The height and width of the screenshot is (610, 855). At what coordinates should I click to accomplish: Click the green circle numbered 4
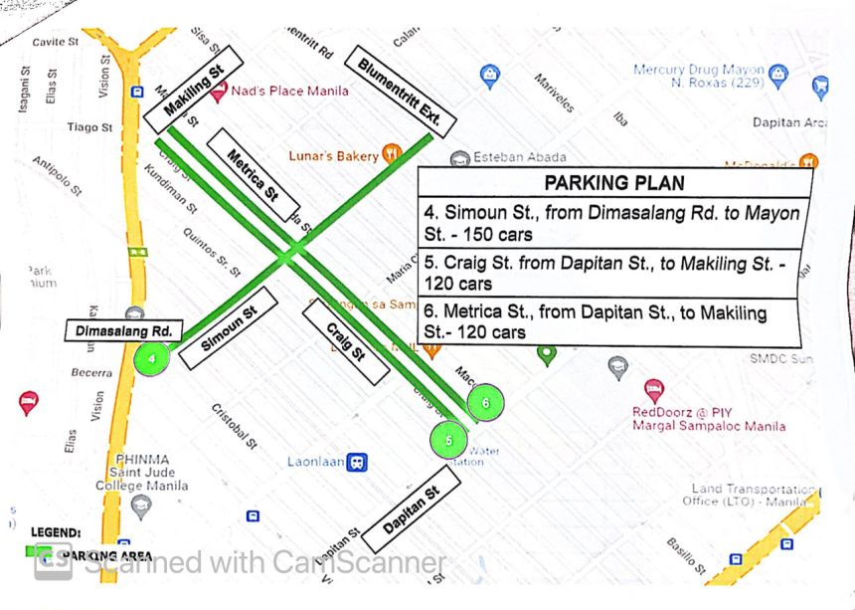[151, 358]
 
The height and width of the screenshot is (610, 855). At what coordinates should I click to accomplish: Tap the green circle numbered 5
[448, 439]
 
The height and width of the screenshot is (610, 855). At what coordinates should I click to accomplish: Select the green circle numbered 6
[485, 403]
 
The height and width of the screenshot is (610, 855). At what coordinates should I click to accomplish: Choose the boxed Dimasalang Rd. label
[124, 330]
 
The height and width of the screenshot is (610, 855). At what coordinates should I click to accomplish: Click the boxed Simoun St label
[230, 329]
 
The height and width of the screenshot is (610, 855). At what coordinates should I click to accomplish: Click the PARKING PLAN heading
[613, 183]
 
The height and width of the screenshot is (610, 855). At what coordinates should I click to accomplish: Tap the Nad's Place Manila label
[289, 91]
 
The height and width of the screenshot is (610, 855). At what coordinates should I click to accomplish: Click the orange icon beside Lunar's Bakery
[391, 154]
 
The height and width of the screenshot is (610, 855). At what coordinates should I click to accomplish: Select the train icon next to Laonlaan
[357, 462]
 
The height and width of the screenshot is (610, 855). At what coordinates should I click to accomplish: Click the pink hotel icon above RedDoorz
[653, 389]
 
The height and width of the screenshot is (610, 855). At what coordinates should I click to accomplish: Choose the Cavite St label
[55, 42]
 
